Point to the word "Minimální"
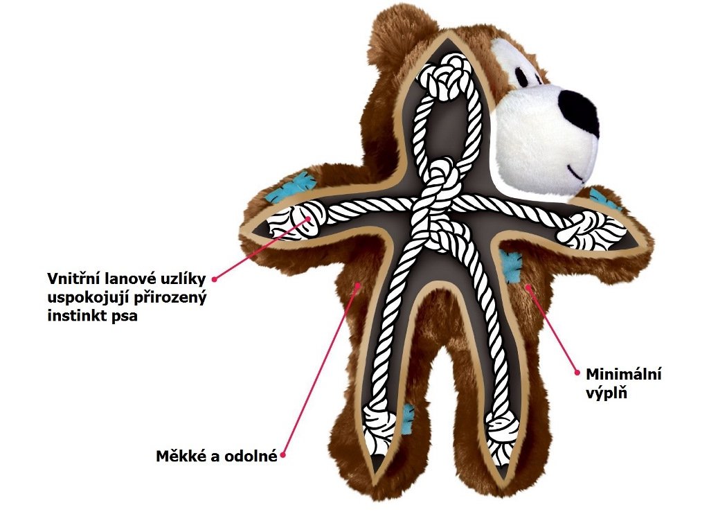tap(624, 374)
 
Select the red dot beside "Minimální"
tap(577, 372)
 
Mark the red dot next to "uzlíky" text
tap(215, 278)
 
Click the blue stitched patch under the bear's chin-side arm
tap(512, 267)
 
